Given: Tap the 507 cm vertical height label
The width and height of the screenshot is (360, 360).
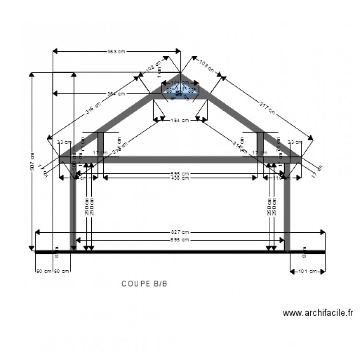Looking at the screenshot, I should [32, 162].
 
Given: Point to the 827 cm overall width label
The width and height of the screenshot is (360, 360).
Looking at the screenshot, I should [180, 232].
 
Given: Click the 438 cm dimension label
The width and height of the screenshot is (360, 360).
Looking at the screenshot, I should [180, 178].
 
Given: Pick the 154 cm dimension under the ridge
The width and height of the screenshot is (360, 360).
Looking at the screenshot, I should [180, 120].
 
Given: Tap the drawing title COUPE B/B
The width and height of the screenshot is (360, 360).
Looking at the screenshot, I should [144, 284].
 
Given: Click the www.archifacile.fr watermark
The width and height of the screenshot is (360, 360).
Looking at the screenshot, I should [317, 313].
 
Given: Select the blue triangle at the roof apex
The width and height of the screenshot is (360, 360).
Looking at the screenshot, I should [180, 90].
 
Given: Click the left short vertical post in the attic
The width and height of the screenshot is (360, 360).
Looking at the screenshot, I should [101, 144].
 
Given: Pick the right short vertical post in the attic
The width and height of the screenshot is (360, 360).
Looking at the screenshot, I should [260, 144].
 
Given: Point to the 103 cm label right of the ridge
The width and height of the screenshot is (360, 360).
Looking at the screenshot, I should [206, 66].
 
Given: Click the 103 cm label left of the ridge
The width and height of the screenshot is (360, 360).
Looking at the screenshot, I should [153, 67].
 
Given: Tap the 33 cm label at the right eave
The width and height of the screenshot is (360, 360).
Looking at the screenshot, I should [295, 142].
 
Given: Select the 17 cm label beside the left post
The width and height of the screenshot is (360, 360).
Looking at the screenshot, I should [100, 153].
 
